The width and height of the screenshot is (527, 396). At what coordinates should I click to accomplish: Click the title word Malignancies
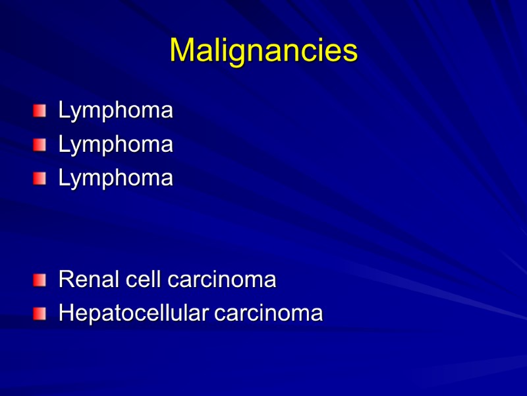(263, 51)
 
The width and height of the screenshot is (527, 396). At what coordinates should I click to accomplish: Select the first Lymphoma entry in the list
(115, 111)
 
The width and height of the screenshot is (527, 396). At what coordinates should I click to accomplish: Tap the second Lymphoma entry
(115, 145)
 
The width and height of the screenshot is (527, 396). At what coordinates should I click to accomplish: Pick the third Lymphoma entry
(115, 178)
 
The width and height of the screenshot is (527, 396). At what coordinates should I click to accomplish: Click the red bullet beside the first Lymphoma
(41, 110)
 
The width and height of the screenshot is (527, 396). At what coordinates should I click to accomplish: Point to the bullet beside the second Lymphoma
(41, 144)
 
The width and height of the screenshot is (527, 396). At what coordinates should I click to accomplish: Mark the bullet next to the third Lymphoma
(41, 178)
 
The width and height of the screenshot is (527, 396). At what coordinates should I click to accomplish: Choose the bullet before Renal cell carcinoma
(41, 280)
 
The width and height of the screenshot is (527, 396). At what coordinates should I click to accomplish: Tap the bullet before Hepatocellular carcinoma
(41, 313)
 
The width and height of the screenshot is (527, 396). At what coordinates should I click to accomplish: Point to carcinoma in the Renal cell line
(221, 280)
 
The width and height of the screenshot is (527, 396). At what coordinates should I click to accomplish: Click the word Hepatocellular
(134, 313)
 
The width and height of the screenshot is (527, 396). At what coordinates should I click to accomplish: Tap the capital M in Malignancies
(180, 51)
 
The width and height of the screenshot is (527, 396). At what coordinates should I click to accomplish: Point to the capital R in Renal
(65, 280)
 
